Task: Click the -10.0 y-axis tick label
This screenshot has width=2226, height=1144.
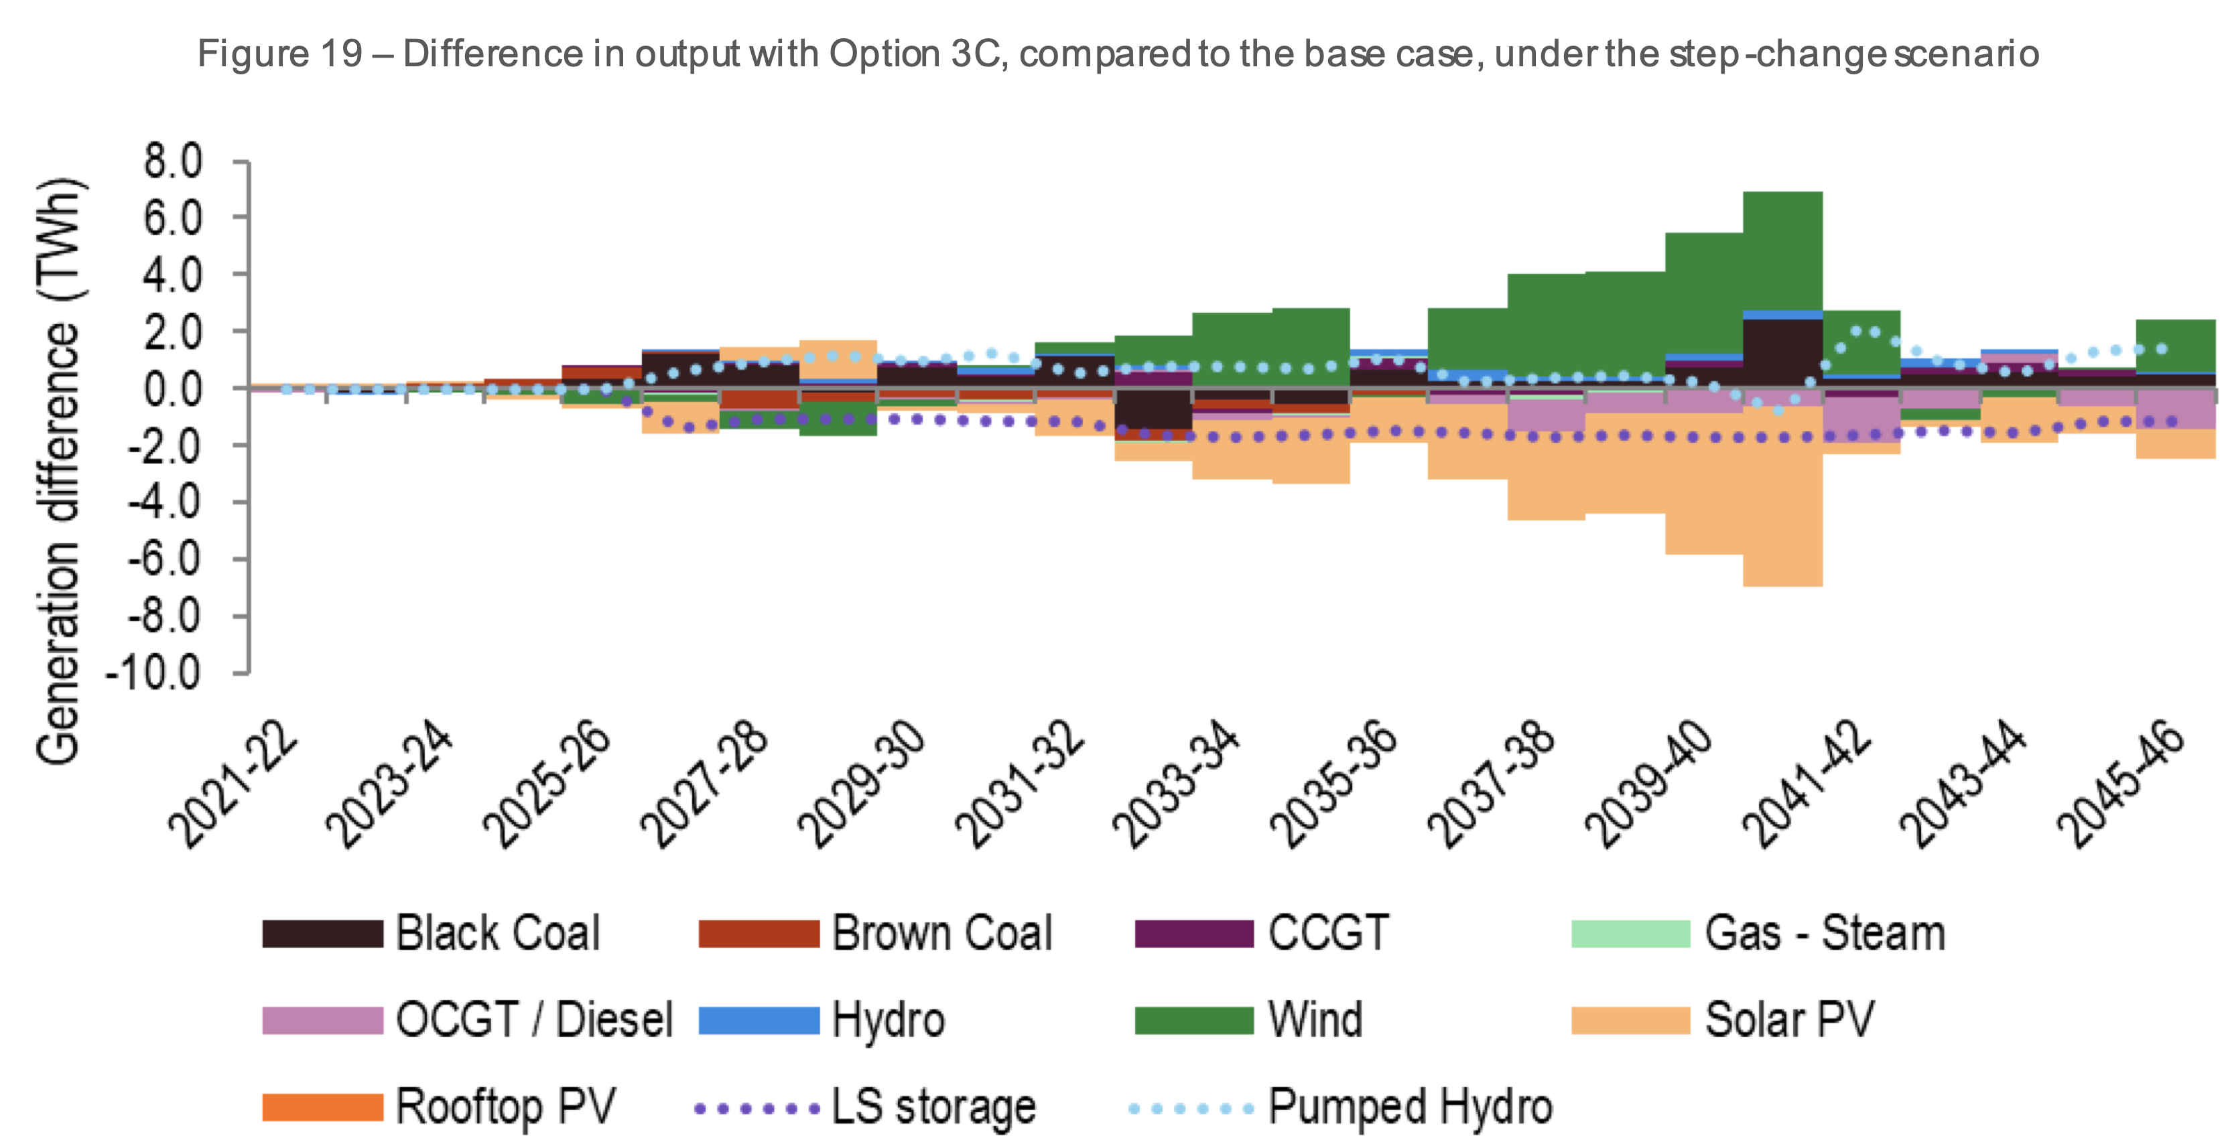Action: (x=154, y=672)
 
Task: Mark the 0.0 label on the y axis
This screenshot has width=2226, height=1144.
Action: (x=174, y=389)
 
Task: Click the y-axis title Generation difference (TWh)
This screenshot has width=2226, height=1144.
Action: (x=59, y=471)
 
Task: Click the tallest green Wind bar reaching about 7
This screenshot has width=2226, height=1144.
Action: (x=1782, y=251)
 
